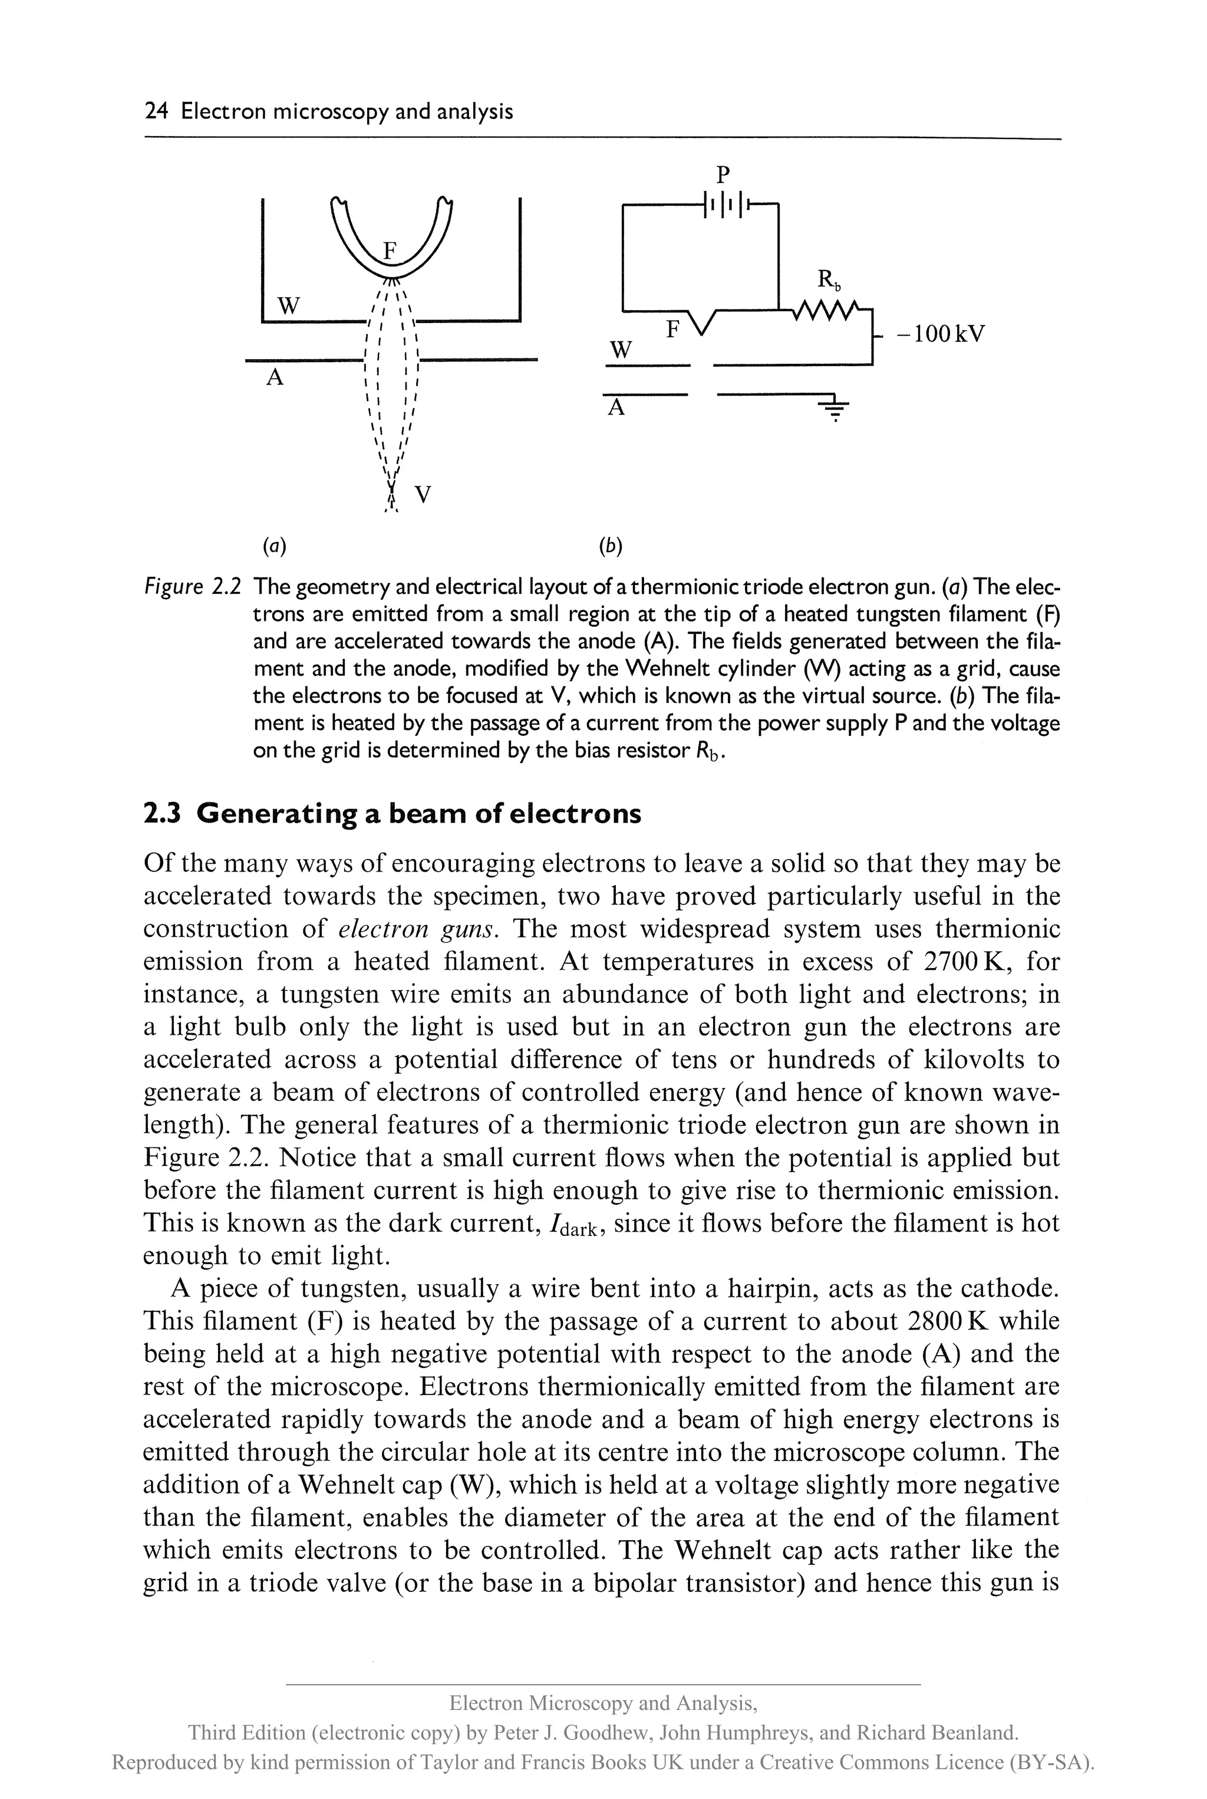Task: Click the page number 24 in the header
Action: [156, 111]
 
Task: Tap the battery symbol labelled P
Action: [724, 204]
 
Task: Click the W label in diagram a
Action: [288, 306]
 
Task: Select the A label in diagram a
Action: [275, 377]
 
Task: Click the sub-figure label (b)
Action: [611, 546]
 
